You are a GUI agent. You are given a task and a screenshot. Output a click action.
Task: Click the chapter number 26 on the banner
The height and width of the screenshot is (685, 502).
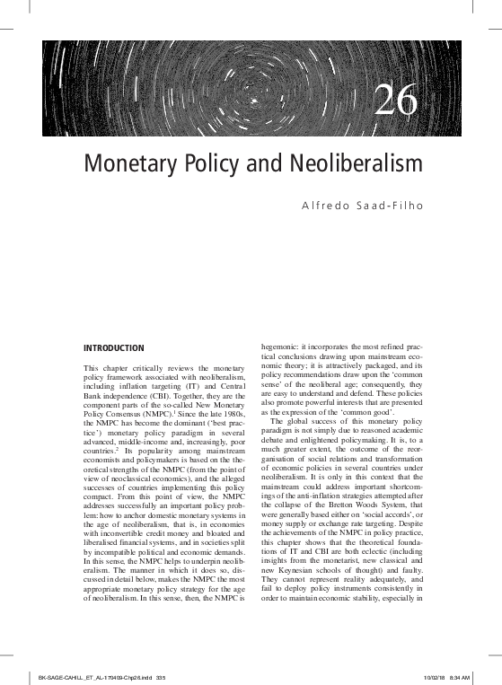396,101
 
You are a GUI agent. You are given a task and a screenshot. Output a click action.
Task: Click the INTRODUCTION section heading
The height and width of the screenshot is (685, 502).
113,347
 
